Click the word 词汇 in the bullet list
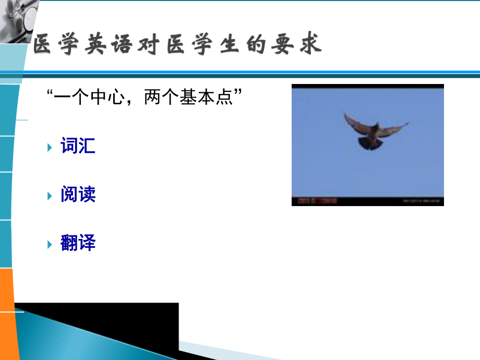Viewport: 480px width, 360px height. pos(78,147)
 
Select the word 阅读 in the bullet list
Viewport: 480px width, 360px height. pos(78,195)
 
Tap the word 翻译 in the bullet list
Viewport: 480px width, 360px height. pos(78,244)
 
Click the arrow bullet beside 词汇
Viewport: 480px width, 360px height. pos(50,147)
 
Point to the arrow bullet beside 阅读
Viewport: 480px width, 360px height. pos(50,196)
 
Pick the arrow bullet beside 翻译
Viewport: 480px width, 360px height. pos(50,244)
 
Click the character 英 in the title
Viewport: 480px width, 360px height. pos(95,45)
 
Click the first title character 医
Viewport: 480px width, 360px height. pos(44,45)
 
